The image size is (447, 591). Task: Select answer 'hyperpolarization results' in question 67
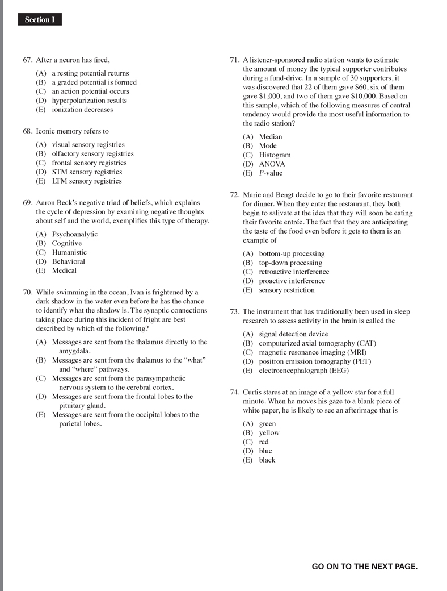click(89, 101)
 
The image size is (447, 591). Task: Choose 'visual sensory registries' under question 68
click(88, 145)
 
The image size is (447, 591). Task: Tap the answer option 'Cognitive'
click(67, 243)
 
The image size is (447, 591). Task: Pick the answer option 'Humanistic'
click(69, 252)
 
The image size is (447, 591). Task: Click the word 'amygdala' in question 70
click(75, 351)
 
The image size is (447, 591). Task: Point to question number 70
click(27, 293)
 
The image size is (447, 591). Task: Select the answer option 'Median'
click(270, 137)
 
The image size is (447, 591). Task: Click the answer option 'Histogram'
click(275, 155)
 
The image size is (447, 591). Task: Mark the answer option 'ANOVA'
click(272, 164)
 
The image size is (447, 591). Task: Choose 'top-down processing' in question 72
click(290, 263)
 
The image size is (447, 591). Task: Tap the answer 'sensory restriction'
click(286, 290)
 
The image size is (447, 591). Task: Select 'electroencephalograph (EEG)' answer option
click(303, 371)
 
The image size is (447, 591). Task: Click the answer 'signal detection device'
click(293, 334)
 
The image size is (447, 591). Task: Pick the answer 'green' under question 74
click(267, 424)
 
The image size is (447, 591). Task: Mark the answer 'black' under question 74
click(267, 460)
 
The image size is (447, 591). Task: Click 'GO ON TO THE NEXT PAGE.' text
click(364, 567)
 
